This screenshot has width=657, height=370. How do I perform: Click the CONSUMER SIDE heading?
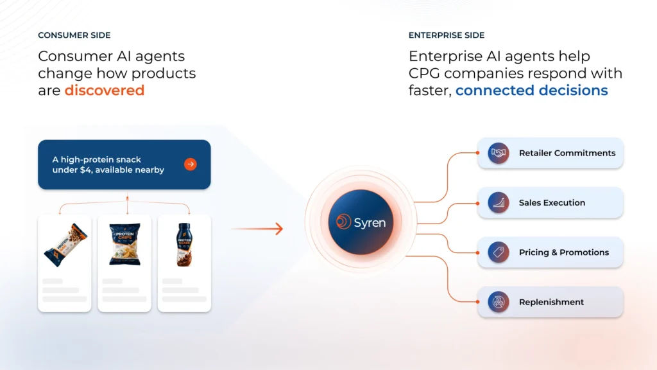74,35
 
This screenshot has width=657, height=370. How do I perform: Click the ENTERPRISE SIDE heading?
447,35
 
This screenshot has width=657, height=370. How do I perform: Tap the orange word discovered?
105,90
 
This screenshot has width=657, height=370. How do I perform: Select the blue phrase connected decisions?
531,90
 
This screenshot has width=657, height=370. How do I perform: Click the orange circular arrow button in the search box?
190,164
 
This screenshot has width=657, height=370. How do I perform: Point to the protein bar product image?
65,245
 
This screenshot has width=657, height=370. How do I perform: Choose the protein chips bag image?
124,244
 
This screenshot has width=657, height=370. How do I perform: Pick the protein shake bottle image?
184,245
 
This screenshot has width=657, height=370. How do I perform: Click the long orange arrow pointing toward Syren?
257,229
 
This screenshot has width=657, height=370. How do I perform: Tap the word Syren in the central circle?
370,222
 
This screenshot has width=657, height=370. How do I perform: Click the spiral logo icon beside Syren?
344,222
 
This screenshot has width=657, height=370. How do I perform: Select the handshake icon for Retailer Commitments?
498,153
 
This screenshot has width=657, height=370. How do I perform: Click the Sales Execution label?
552,202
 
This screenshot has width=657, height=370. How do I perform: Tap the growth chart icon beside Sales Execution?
498,202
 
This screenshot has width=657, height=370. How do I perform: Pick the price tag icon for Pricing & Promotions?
498,252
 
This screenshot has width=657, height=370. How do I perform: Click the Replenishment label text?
551,302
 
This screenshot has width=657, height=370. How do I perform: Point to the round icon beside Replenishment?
498,302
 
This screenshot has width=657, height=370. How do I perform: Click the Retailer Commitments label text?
567,153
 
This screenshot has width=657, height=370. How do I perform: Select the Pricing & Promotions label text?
563,252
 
